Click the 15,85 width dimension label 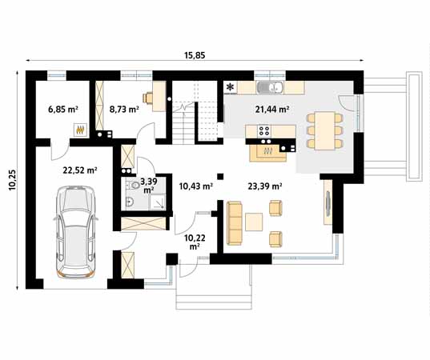coord(195,56)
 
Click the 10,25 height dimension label coord(13,179)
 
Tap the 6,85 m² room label coord(63,110)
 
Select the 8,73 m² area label coord(124,110)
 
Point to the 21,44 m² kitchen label coord(272,110)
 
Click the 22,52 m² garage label coord(80,170)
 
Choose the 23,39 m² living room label coord(265,186)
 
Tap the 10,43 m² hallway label coord(196,186)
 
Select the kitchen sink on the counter coord(271,87)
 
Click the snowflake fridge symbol coord(231,87)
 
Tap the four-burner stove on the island coord(264,130)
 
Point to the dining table coord(324,130)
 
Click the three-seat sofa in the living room coord(235,223)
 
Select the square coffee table coord(254,222)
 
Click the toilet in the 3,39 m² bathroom coord(133,186)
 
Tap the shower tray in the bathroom coord(158,202)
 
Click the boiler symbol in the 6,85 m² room coord(80,130)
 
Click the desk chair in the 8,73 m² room coord(148,98)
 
